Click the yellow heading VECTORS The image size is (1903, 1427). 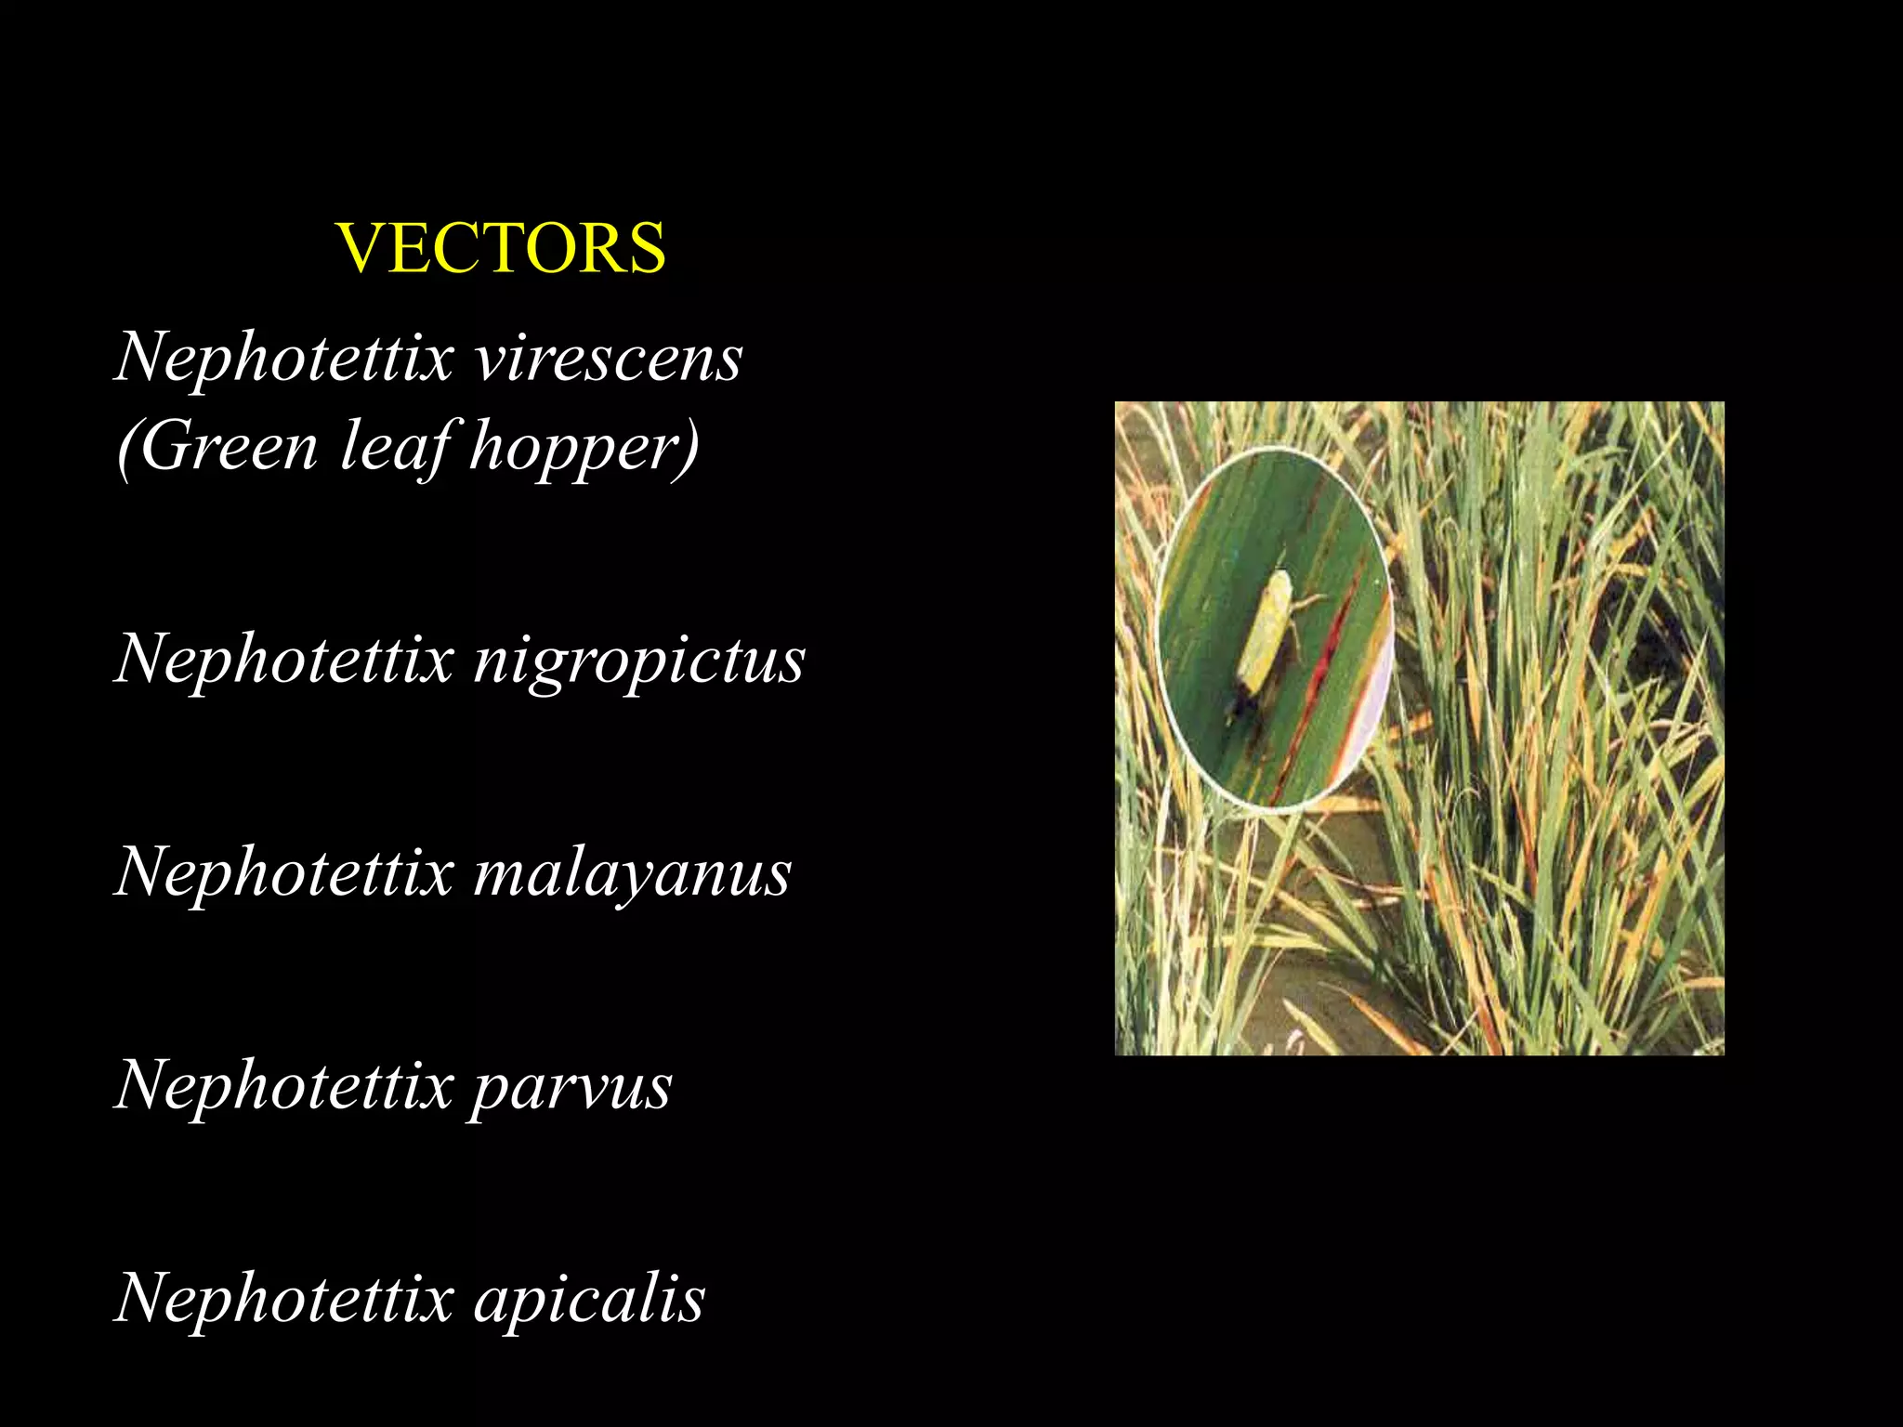(501, 249)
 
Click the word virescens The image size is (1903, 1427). (609, 359)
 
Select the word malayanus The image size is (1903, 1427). (632, 873)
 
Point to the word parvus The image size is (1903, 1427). (571, 1087)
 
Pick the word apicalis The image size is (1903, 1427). (589, 1299)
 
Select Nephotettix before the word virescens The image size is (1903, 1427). (284, 359)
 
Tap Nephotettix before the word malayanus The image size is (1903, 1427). (284, 873)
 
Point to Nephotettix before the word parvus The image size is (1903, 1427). (284, 1087)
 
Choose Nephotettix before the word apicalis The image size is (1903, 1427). (284, 1299)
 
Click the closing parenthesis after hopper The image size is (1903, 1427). (689, 449)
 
